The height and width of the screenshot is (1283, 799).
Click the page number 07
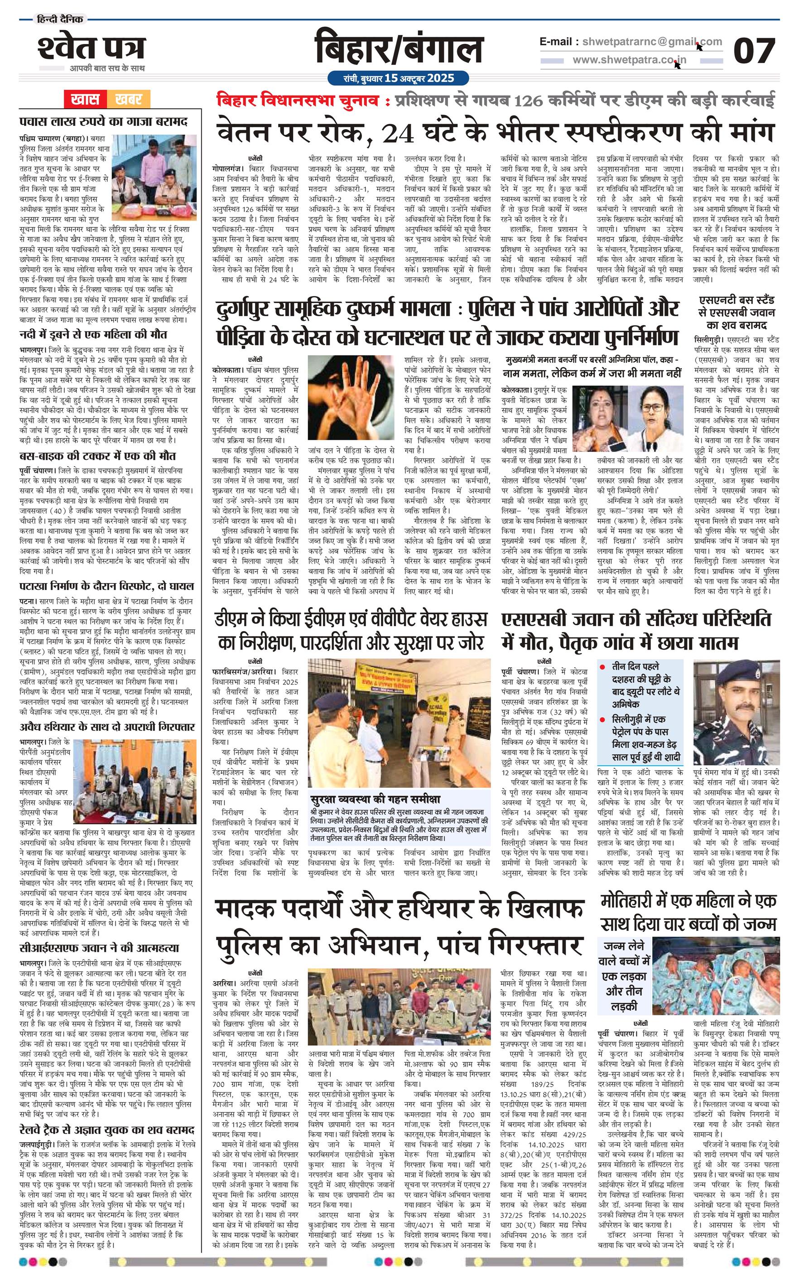coord(754,51)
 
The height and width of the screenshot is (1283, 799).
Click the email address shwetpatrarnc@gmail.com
coord(649,42)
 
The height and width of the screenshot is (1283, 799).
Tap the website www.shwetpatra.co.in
coord(630,60)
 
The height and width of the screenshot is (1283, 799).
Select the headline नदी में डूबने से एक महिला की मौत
coord(93,334)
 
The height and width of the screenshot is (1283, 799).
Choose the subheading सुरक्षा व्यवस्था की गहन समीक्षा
coord(375,799)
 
